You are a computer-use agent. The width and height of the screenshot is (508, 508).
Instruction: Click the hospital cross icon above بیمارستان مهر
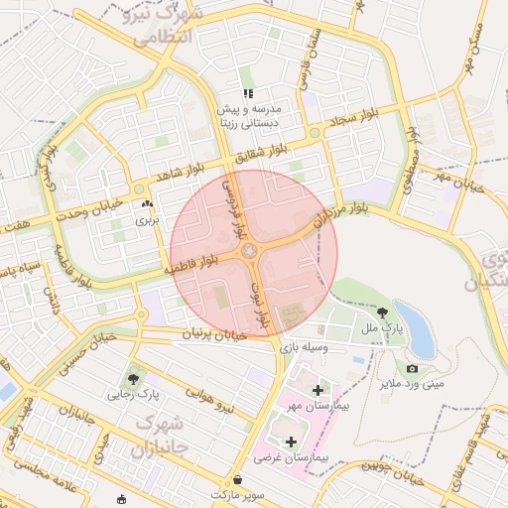(317, 390)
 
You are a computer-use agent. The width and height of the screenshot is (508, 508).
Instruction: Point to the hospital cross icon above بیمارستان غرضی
(291, 442)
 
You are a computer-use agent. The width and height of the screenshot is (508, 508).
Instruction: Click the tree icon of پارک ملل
(382, 311)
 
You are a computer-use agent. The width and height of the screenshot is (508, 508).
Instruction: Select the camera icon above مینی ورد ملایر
(412, 368)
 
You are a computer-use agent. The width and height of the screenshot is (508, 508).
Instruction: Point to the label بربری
(147, 218)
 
